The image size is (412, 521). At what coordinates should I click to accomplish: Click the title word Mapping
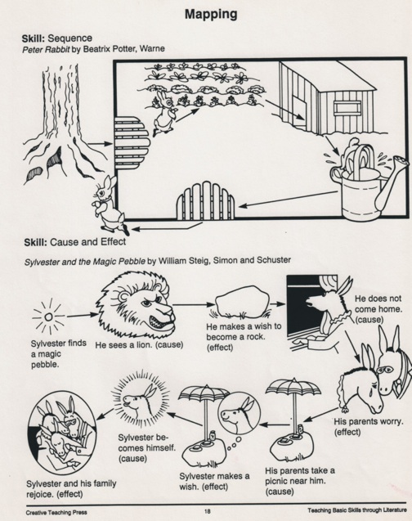click(211, 14)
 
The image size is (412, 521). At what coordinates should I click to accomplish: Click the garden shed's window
click(347, 108)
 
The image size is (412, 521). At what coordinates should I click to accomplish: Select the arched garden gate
click(205, 201)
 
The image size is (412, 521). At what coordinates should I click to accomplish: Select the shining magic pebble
click(49, 317)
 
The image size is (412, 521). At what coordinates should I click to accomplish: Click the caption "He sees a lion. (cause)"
click(140, 344)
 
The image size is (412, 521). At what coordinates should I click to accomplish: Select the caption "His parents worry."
click(369, 422)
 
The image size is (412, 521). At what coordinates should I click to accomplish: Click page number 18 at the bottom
click(207, 511)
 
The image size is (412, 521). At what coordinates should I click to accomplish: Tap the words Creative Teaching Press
click(56, 512)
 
